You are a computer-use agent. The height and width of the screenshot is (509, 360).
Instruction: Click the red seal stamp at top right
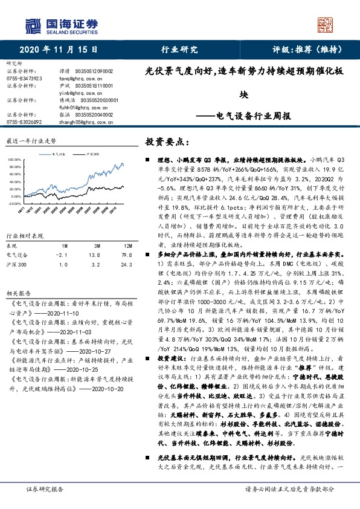pyautogui.click(x=326, y=24)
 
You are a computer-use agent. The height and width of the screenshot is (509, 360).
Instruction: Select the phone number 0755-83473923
pyautogui.click(x=24, y=79)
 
